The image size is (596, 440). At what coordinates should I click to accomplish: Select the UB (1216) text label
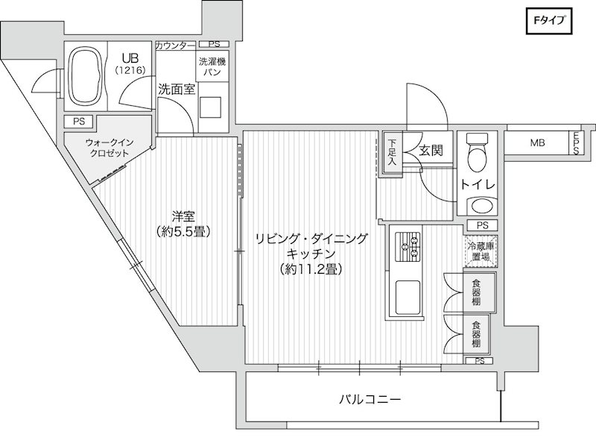131,63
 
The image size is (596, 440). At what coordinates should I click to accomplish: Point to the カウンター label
175,45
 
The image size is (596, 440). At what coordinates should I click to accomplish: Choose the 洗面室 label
176,88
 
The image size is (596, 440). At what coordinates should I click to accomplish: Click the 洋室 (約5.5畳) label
183,224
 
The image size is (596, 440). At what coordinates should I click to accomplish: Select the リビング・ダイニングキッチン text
311,253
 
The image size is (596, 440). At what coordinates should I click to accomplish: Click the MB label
536,142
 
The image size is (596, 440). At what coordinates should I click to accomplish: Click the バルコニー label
370,399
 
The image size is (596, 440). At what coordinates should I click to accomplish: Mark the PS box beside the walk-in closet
78,122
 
